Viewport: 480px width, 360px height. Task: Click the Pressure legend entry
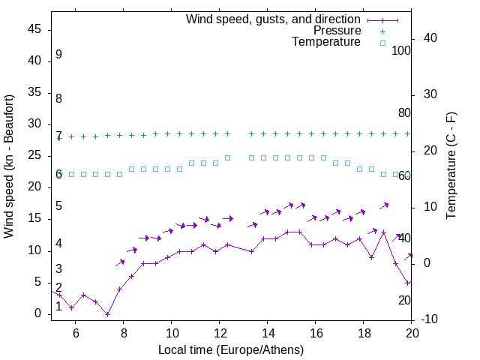(337, 31)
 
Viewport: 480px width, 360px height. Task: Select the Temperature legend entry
(326, 42)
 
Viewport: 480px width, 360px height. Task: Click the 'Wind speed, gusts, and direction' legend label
(274, 19)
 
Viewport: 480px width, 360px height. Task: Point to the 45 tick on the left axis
(35, 30)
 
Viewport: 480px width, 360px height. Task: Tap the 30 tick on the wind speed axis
(35, 124)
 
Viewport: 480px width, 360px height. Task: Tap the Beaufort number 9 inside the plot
(58, 55)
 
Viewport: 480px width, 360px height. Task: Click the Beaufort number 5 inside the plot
(58, 206)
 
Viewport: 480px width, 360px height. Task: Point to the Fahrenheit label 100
(402, 51)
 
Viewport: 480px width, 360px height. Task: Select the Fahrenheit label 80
(405, 113)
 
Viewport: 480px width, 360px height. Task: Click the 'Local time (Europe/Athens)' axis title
(231, 349)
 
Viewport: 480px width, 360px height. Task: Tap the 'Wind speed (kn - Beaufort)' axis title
(9, 166)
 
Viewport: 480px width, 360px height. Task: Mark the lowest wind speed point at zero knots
(107, 314)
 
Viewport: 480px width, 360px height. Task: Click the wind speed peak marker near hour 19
(383, 232)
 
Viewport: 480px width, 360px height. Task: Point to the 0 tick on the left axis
(39, 313)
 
